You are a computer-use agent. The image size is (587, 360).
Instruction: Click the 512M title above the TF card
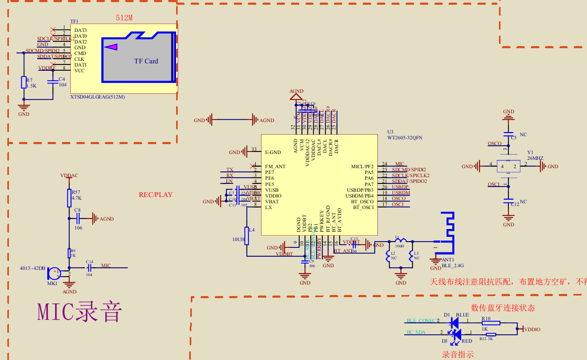(x=124, y=18)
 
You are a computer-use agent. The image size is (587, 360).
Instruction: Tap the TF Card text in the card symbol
(x=146, y=61)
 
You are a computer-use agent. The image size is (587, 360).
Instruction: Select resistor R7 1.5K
(x=24, y=82)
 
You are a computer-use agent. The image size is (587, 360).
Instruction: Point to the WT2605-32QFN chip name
(x=405, y=138)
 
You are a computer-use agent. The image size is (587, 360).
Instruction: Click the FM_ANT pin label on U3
(x=276, y=167)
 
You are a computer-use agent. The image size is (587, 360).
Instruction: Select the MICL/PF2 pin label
(x=362, y=167)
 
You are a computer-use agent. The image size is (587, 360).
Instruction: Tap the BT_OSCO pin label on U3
(x=362, y=201)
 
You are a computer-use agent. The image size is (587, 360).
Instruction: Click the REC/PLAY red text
(x=156, y=195)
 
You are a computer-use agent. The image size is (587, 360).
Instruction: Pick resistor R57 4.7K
(x=69, y=198)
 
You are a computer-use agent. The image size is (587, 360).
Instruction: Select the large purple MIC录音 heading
(x=80, y=312)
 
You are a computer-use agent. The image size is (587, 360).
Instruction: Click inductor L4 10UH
(x=246, y=236)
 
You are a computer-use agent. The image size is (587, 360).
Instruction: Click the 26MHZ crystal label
(x=535, y=158)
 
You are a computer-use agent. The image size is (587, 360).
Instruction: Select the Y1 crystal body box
(x=508, y=167)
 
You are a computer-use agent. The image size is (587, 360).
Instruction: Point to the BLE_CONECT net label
(x=422, y=321)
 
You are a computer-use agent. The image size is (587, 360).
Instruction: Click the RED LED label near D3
(x=466, y=341)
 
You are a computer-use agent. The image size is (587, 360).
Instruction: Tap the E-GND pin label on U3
(x=273, y=152)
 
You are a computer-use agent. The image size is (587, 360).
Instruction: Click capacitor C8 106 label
(x=78, y=228)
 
